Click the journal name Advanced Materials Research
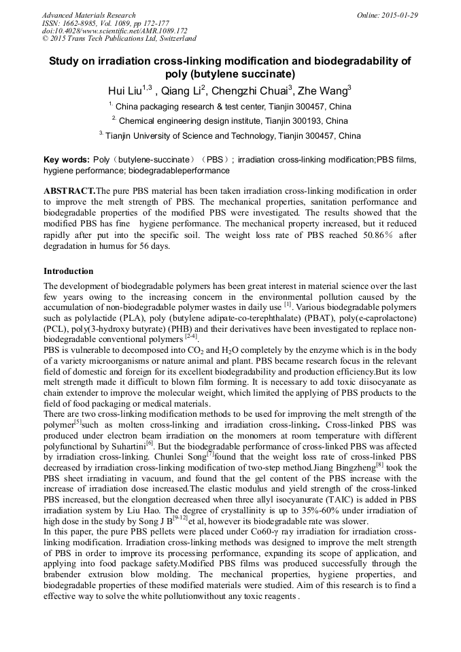(88, 15)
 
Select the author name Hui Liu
(125, 91)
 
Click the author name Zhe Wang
(322, 91)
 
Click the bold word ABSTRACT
(69, 192)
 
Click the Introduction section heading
(68, 271)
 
